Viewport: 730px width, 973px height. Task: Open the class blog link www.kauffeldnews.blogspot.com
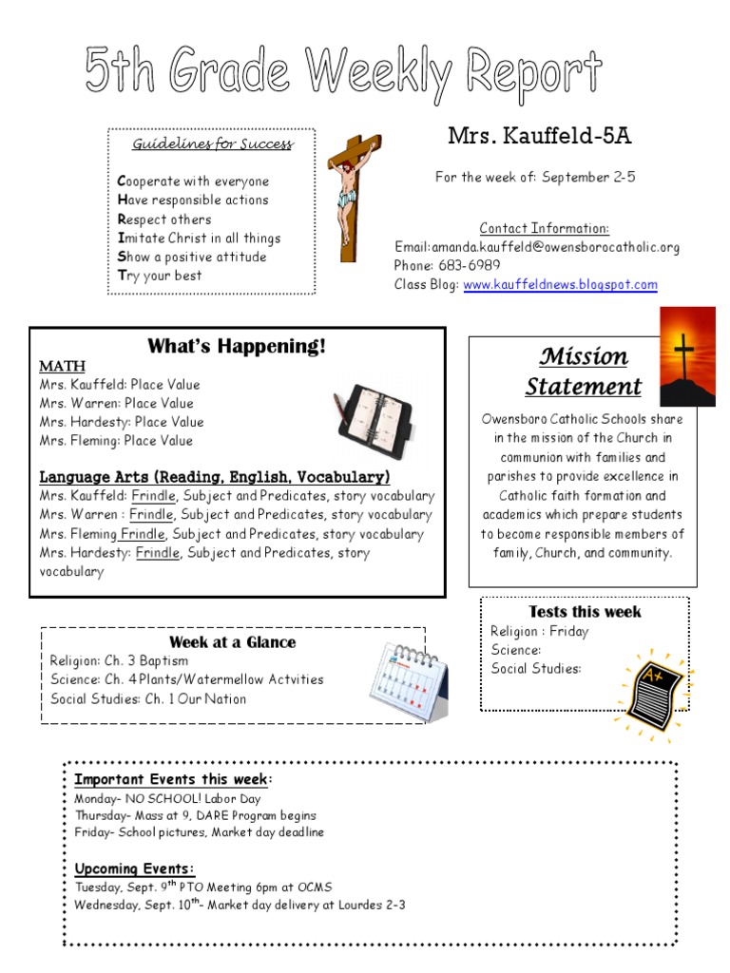click(560, 285)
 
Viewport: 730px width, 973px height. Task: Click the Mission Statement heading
click(583, 372)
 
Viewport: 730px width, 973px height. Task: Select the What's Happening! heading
click(237, 346)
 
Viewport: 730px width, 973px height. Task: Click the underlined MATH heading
click(62, 366)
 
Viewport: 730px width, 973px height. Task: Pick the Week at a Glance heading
click(232, 642)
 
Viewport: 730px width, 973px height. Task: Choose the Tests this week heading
click(585, 612)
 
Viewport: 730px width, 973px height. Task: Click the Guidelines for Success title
click(212, 144)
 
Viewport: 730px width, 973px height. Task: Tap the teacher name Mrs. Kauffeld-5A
click(539, 137)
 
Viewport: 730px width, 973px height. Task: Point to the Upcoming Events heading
click(135, 868)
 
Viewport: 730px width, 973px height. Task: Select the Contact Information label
click(544, 228)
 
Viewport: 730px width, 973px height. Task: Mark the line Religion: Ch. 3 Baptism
click(119, 661)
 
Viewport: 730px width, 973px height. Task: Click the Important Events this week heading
click(173, 779)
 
